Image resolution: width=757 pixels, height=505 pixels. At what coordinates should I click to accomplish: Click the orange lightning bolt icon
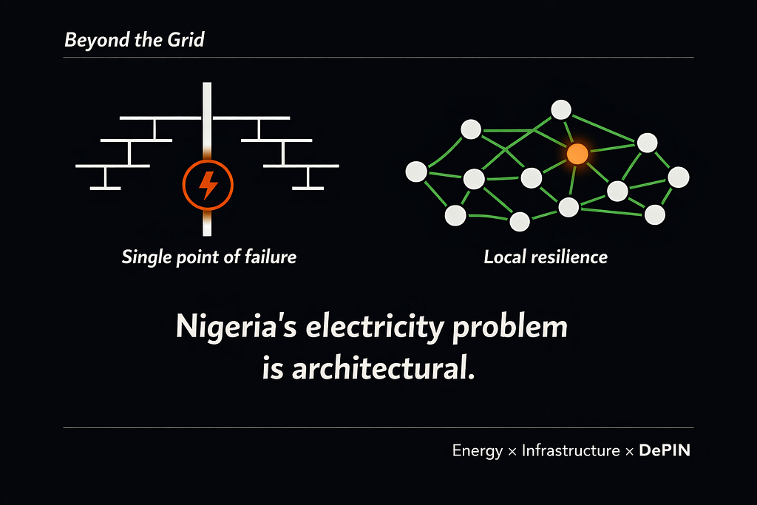(x=208, y=185)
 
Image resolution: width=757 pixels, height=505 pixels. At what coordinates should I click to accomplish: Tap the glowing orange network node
(x=577, y=154)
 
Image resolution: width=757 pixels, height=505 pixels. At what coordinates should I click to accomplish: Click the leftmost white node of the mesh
(x=416, y=172)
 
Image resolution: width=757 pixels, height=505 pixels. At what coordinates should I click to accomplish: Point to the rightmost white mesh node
(x=679, y=177)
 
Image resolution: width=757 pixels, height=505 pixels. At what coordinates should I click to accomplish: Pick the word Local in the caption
(x=502, y=257)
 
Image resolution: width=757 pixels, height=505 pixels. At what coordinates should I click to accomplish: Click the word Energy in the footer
(x=478, y=450)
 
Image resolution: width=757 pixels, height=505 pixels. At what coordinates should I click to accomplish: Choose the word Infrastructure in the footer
(x=571, y=450)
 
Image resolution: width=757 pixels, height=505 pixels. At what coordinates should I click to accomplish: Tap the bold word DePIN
(x=664, y=450)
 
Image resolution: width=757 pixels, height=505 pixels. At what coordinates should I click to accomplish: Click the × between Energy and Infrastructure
(x=512, y=451)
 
